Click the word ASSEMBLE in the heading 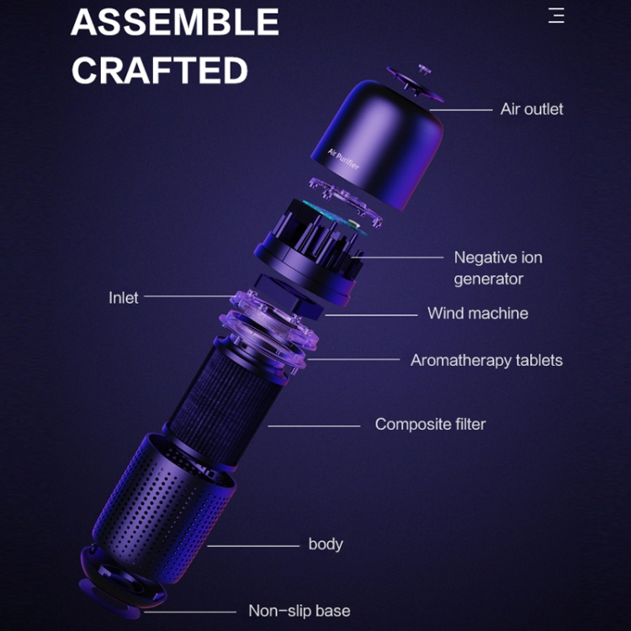coord(175,22)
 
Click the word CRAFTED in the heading coord(159,70)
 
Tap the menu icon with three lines coord(556,15)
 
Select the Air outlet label coord(532,109)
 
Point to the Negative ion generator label coord(498,268)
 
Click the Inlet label coord(123,298)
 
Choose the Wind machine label coord(478,313)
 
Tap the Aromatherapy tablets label coord(486,361)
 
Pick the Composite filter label coord(430,424)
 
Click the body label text coord(326,544)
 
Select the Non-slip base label coord(299,611)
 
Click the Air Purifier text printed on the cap coord(343,159)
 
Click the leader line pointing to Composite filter coord(314,426)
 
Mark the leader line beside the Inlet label coord(189,296)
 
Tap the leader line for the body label coord(253,546)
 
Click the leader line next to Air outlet coord(461,109)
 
